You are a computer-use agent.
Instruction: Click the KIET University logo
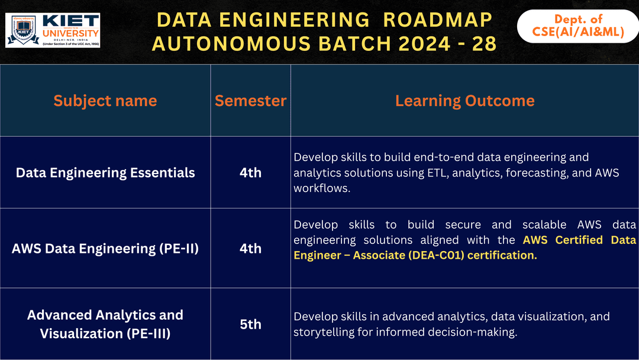click(x=53, y=30)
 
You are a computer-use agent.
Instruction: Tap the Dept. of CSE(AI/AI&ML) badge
click(x=577, y=27)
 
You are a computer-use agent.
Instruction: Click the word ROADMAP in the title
click(x=437, y=20)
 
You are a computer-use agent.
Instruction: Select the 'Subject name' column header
click(x=105, y=101)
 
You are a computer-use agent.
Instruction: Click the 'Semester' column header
click(x=250, y=101)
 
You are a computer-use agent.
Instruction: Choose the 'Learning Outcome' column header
click(x=464, y=101)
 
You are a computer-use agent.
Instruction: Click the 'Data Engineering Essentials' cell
click(x=105, y=173)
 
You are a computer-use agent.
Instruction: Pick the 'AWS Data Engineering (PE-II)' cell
click(x=105, y=248)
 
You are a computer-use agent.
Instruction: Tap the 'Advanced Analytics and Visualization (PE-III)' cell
click(x=105, y=324)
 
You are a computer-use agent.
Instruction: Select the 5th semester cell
click(x=250, y=324)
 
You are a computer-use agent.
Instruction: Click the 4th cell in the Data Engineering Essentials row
click(x=250, y=173)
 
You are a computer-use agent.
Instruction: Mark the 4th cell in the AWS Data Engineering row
click(x=250, y=248)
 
